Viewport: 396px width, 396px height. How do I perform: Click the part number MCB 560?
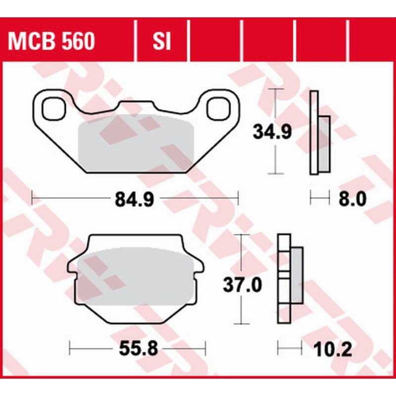pyautogui.click(x=51, y=43)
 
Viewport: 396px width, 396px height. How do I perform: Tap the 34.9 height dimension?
pyautogui.click(x=272, y=132)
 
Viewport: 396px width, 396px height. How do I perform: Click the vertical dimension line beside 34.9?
pyautogui.click(x=276, y=158)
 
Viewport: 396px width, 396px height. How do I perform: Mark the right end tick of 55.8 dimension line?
pyautogui.click(x=205, y=349)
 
